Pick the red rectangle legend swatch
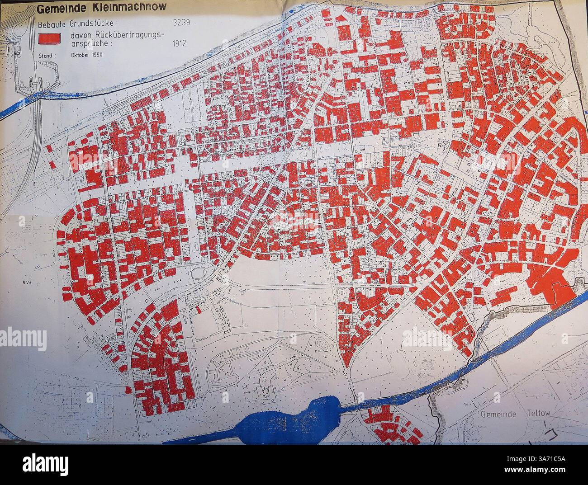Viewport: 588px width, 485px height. coord(50,39)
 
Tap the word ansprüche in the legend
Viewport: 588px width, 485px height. coord(85,44)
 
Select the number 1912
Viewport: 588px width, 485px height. coord(180,44)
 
